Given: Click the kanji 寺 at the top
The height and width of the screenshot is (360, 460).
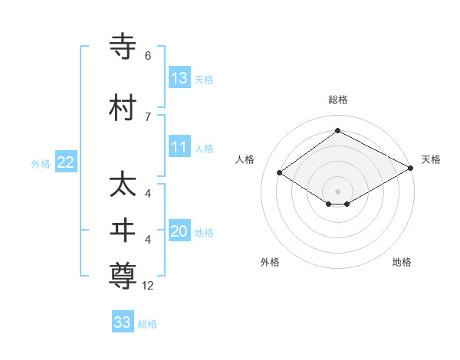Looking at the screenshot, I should (x=123, y=46).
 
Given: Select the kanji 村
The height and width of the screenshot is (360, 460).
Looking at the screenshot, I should (x=123, y=107).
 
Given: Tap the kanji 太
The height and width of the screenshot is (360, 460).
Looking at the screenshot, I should (x=123, y=185).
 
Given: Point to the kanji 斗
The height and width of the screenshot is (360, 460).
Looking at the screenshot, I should (x=123, y=231).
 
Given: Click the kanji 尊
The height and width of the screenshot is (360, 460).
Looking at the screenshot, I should (x=123, y=277).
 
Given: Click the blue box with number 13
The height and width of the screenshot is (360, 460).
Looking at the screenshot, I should (x=179, y=77).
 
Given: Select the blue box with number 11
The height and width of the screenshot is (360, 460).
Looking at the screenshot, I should (x=179, y=147).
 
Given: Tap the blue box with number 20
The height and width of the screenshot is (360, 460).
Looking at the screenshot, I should (x=179, y=231).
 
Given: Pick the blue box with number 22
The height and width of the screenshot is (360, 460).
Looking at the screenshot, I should (x=65, y=162).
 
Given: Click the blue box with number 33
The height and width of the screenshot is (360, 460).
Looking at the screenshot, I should (x=123, y=322).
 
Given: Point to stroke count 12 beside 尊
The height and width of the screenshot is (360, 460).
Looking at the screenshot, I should (x=148, y=286).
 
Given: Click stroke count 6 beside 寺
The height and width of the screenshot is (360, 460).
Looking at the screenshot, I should (x=148, y=56).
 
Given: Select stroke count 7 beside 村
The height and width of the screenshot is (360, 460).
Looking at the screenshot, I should (x=148, y=116).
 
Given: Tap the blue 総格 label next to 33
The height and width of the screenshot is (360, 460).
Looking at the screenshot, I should (x=147, y=324).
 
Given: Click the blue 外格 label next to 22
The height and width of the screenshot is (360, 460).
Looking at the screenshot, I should (x=41, y=163).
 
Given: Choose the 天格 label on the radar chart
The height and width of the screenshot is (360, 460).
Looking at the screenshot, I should (x=431, y=159).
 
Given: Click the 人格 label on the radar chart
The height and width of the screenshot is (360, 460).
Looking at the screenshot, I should (x=245, y=159).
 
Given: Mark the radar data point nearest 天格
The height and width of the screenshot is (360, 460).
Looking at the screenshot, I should (x=412, y=168).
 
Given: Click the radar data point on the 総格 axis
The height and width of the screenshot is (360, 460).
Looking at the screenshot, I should (x=337, y=131).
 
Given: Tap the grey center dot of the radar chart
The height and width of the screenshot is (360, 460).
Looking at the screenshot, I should (x=337, y=191).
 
